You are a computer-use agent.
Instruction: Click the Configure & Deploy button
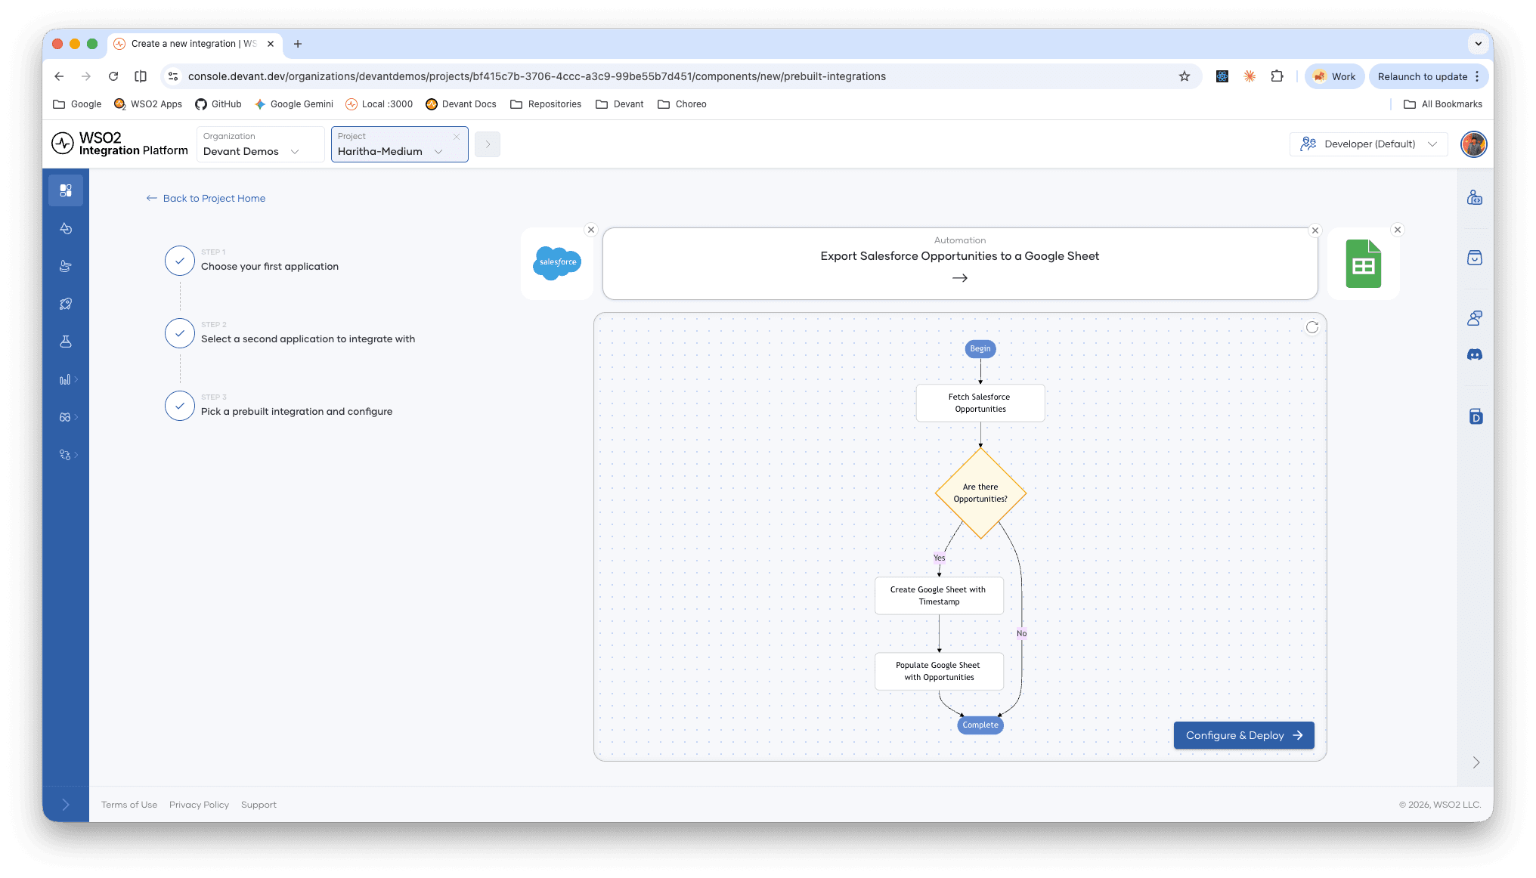pyautogui.click(x=1243, y=735)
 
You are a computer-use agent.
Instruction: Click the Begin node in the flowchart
pyautogui.click(x=980, y=348)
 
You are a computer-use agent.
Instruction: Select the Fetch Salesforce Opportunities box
pyautogui.click(x=980, y=403)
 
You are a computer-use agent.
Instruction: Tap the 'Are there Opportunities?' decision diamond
pyautogui.click(x=980, y=493)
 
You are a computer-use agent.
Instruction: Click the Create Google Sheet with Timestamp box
pyautogui.click(x=939, y=595)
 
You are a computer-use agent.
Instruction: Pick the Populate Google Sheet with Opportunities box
pyautogui.click(x=939, y=671)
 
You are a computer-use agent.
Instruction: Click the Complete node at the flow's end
pyautogui.click(x=980, y=725)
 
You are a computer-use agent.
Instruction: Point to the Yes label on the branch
pyautogui.click(x=940, y=558)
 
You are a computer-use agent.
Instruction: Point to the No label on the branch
pyautogui.click(x=1022, y=633)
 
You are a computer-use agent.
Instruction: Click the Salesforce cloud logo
pyautogui.click(x=557, y=263)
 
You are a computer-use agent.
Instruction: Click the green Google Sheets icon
pyautogui.click(x=1364, y=264)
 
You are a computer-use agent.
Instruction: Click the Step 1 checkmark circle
pyautogui.click(x=180, y=261)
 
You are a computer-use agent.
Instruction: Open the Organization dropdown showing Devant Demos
pyautogui.click(x=260, y=144)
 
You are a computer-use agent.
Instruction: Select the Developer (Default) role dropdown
pyautogui.click(x=1369, y=144)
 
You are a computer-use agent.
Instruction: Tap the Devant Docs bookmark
pyautogui.click(x=461, y=104)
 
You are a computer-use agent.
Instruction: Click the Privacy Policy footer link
pyautogui.click(x=199, y=805)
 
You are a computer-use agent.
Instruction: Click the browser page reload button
pyautogui.click(x=113, y=76)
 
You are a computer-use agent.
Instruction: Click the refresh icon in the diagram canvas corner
pyautogui.click(x=1312, y=327)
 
